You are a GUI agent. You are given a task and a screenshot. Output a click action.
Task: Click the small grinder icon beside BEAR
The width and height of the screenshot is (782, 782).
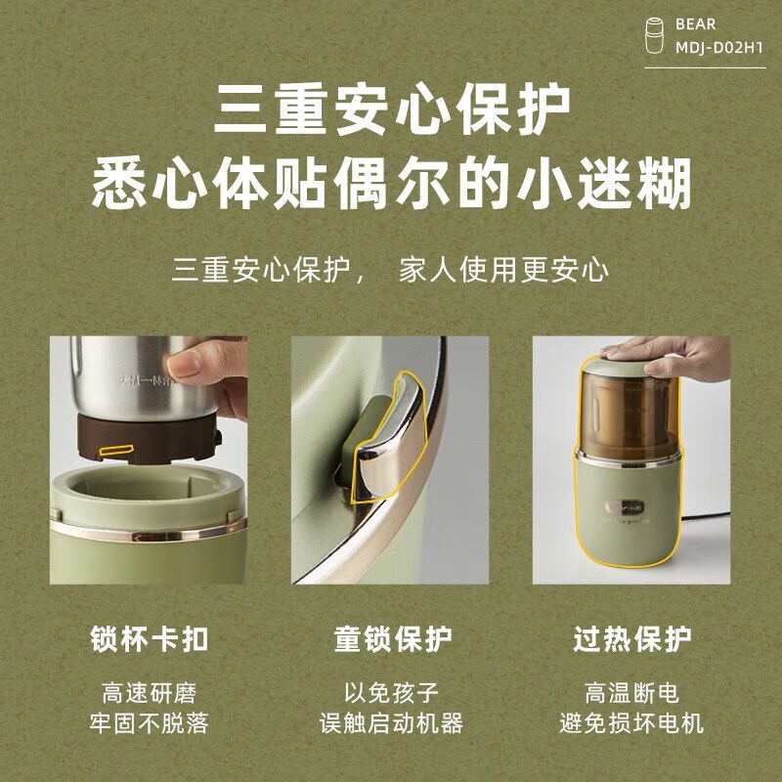point(658,36)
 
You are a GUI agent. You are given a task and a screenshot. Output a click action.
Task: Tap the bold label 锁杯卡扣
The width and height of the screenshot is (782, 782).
point(149,640)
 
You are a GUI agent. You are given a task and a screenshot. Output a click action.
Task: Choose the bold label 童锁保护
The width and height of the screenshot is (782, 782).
point(391,640)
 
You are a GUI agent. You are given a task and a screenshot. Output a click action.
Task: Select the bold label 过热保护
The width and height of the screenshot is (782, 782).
point(632,640)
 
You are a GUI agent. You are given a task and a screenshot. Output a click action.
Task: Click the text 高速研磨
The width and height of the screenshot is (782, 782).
point(149,694)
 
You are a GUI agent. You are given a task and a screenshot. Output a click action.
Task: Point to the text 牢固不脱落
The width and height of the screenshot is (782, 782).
point(149,724)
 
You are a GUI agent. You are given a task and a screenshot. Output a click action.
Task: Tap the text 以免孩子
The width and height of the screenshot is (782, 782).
point(391,694)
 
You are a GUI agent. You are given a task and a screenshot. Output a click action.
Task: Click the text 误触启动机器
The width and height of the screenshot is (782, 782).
point(391,724)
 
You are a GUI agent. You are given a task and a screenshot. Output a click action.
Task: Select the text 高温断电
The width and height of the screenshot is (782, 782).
point(632,694)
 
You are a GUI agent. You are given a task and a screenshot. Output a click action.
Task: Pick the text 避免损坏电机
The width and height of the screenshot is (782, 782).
point(632,724)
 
